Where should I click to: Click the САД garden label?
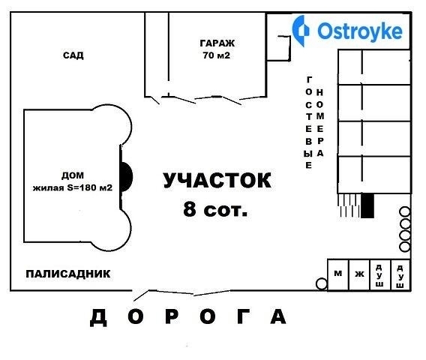73,55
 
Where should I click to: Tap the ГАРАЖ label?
217,43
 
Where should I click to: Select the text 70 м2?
217,55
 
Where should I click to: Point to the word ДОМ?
73,175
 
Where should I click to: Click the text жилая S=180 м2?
73,187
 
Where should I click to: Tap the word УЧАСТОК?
217,180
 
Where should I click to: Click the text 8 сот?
215,209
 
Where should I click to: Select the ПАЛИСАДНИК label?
68,274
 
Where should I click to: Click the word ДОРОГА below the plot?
188,316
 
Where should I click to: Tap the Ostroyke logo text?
360,31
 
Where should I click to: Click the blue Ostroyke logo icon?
301,31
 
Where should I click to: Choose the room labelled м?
338,275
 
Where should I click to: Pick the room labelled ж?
359,275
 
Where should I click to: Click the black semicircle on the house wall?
126,177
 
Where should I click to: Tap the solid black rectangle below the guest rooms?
367,205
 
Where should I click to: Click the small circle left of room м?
322,283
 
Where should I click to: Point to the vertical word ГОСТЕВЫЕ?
309,123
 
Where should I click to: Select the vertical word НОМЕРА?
320,123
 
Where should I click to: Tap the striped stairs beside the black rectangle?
349,205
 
